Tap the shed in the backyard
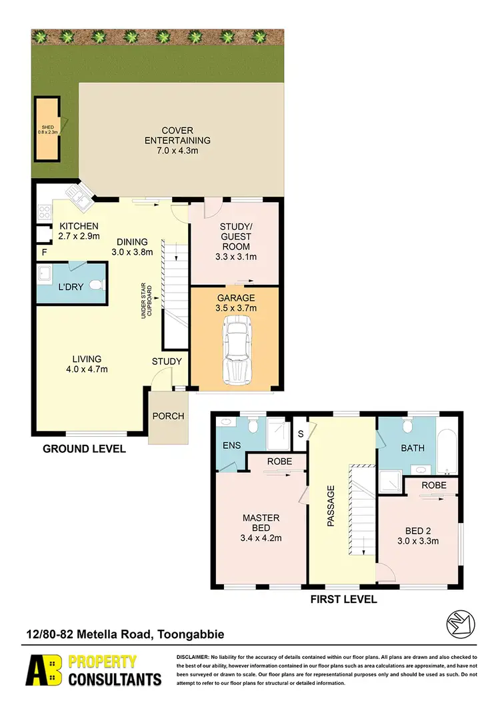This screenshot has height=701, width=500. click(48, 129)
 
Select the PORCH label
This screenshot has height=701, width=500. click(168, 416)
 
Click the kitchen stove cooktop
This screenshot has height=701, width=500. click(45, 213)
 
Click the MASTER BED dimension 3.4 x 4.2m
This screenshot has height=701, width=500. click(261, 538)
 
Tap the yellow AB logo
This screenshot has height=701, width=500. click(43, 670)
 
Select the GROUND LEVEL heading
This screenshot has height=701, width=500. click(84, 449)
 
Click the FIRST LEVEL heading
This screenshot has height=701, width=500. click(343, 599)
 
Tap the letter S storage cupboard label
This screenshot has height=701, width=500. click(299, 433)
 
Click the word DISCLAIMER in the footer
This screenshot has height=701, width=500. click(193, 658)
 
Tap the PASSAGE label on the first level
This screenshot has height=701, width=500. click(330, 506)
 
